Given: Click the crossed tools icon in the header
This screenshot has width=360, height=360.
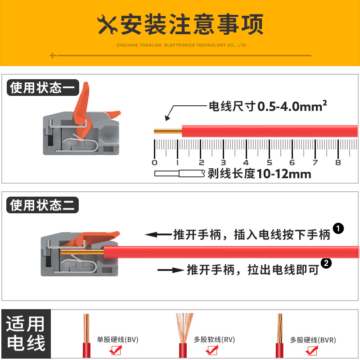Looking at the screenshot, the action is (107, 25).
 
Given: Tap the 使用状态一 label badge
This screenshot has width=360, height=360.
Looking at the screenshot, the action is (43, 87).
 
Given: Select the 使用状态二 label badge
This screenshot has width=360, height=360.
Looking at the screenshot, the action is (42, 205).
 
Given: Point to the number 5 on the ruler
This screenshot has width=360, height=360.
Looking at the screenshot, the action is (269, 162).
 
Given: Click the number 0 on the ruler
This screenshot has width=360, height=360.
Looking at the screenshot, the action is (154, 162).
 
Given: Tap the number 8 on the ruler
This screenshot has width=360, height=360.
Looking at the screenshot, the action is (338, 162).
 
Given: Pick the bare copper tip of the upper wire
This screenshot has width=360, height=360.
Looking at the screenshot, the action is (168, 131).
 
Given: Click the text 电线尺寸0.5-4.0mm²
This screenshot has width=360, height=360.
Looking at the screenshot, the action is (268, 106).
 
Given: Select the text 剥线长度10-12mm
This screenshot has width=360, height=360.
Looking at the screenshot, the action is (260, 174).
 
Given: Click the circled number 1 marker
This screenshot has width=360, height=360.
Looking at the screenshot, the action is (338, 229).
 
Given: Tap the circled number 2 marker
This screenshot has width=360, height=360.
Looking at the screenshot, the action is (326, 263).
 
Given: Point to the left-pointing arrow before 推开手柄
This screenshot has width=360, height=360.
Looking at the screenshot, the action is (158, 234).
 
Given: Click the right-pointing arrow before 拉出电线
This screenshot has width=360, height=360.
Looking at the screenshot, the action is (171, 270).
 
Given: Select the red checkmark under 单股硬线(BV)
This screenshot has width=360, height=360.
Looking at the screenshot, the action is (116, 350).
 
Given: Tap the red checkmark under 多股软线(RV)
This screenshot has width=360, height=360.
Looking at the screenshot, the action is (211, 350).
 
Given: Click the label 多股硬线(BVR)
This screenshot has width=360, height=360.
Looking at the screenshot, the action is (313, 340).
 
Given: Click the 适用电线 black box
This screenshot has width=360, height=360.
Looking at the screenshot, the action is (26, 333).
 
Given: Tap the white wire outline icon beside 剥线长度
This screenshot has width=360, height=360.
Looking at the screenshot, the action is (180, 173).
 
